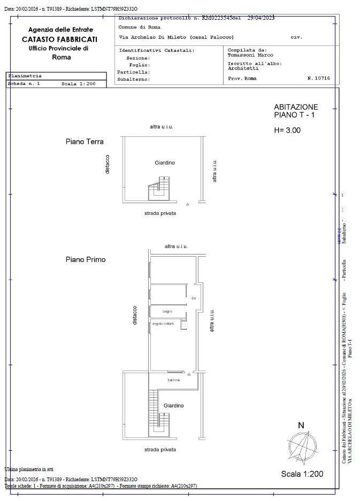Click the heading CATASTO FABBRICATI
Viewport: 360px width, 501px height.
[60, 39]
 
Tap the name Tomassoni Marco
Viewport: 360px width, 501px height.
[250, 55]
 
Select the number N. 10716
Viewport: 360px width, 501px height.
[318, 79]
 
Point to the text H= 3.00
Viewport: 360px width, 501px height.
[287, 130]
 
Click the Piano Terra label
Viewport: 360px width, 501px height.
[85, 142]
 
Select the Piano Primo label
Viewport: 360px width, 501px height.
[86, 259]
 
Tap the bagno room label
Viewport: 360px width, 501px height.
[167, 312]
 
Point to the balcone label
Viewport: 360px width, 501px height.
[173, 380]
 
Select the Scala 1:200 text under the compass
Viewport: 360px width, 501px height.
[302, 474]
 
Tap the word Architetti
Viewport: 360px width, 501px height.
[243, 68]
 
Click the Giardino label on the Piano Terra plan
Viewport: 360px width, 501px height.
[165, 163]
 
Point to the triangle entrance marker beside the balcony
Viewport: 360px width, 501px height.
[189, 374]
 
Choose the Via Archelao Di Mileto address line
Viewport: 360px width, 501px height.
[176, 37]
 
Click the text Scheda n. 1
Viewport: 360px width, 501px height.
[24, 84]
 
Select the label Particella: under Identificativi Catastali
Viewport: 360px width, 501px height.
[134, 72]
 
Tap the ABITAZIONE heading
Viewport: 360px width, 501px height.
[296, 107]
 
